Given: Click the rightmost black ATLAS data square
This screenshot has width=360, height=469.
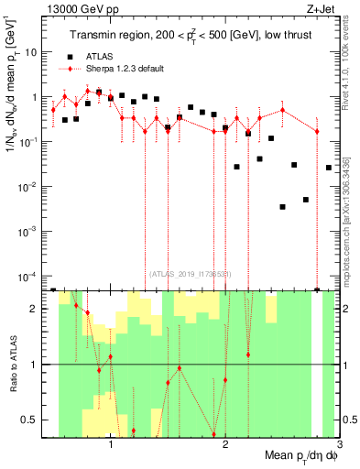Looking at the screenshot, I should pos(329,168).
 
